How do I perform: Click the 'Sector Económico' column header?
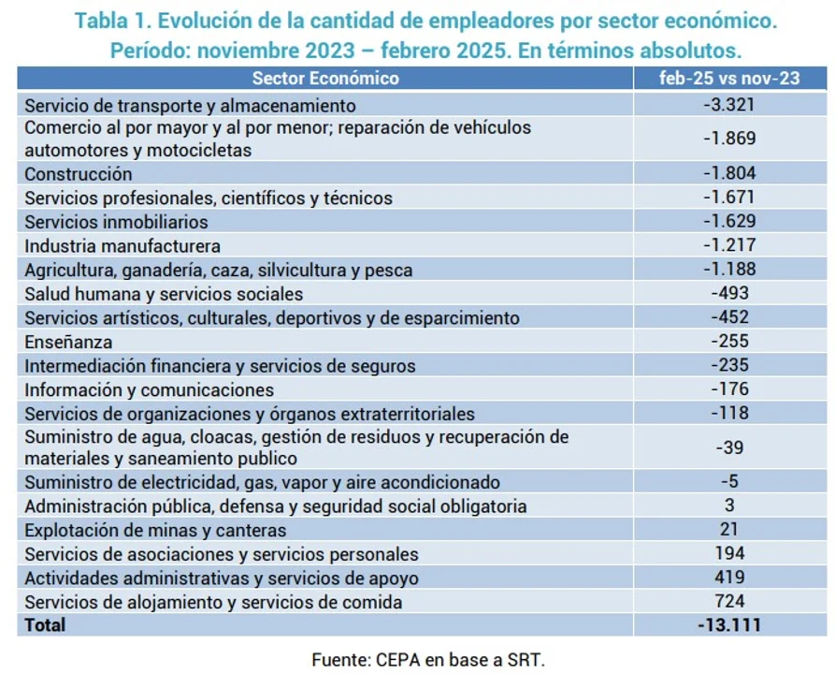click(x=324, y=79)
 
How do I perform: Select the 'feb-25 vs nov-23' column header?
click(x=729, y=79)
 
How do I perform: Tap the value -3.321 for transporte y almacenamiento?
click(x=729, y=104)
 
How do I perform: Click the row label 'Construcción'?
click(x=79, y=174)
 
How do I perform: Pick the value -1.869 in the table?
click(x=729, y=139)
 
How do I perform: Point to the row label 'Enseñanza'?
click(x=68, y=342)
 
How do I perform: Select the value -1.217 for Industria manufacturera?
click(x=729, y=246)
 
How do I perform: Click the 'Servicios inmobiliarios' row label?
click(x=116, y=223)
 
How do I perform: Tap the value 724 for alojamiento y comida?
click(x=729, y=601)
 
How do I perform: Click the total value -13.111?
click(x=729, y=624)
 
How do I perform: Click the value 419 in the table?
click(x=729, y=578)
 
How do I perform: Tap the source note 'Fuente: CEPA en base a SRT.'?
click(x=427, y=659)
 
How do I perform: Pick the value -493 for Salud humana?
click(x=729, y=294)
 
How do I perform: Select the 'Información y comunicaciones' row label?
click(x=150, y=389)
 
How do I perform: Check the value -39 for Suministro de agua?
click(x=729, y=447)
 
